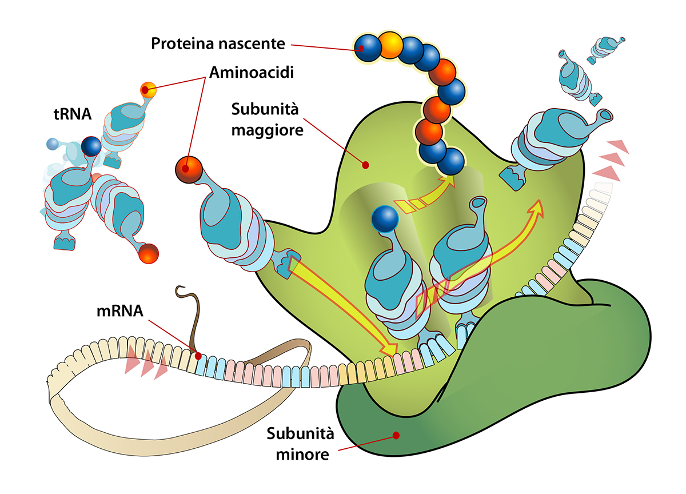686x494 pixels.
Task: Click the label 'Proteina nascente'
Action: pos(218,44)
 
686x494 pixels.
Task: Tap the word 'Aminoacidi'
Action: pos(252,73)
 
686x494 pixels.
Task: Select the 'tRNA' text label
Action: pos(73,114)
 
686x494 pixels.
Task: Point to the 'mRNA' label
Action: pos(119,311)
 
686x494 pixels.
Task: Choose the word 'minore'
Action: pos(302,455)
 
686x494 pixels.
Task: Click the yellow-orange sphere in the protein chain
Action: pos(390,45)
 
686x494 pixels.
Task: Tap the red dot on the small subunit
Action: pos(396,435)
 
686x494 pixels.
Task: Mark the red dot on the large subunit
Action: pos(365,165)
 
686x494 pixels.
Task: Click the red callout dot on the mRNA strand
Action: pos(198,356)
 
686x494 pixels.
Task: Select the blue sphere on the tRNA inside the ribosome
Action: pos(385,219)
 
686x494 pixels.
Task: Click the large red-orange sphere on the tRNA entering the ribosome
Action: pos(189,170)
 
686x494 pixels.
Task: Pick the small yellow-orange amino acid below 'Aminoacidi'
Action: pos(148,90)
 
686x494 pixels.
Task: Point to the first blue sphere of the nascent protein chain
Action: pos(368,48)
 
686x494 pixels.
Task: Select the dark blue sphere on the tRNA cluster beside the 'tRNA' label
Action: pos(91,146)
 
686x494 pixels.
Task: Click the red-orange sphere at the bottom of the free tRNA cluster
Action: pos(148,254)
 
